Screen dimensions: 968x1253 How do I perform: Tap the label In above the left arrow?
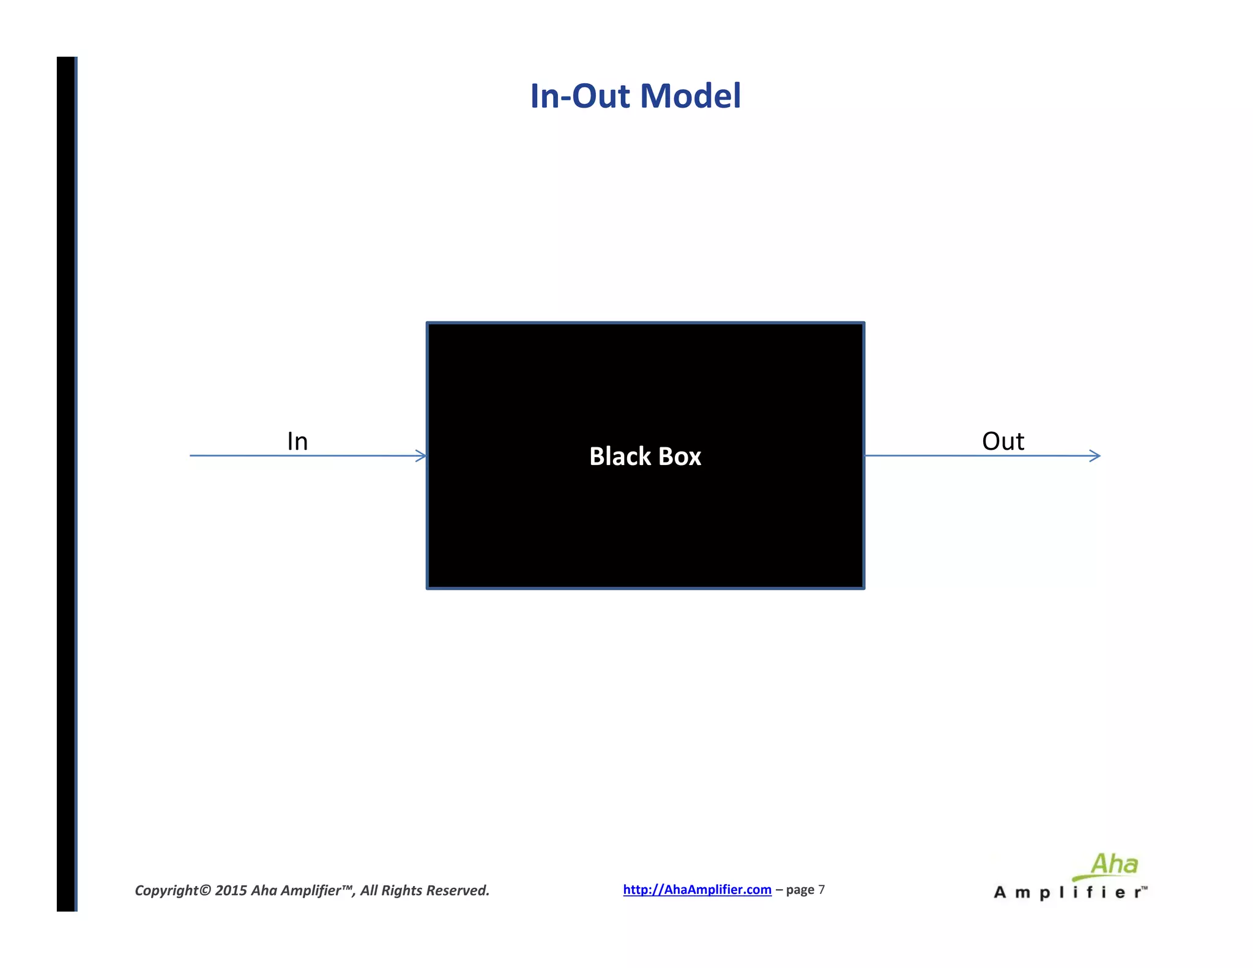(x=297, y=441)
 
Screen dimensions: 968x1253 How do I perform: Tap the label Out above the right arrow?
(x=1003, y=441)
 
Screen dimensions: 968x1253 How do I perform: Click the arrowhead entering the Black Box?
(x=421, y=456)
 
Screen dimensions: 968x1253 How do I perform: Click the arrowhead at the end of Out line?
(x=1095, y=456)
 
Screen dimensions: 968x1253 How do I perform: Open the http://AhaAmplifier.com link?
(x=697, y=890)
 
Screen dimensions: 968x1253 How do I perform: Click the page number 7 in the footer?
(x=822, y=890)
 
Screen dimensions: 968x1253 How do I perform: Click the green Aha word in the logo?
(x=1114, y=865)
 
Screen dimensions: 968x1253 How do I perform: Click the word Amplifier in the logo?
(x=1065, y=893)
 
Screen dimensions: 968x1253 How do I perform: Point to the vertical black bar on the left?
(x=66, y=483)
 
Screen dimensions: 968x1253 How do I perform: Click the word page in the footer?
(x=800, y=890)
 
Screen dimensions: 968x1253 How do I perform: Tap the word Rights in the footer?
(x=401, y=890)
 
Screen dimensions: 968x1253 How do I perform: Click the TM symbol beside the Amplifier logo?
(x=1144, y=888)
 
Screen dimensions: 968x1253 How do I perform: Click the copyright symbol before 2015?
(x=205, y=890)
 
